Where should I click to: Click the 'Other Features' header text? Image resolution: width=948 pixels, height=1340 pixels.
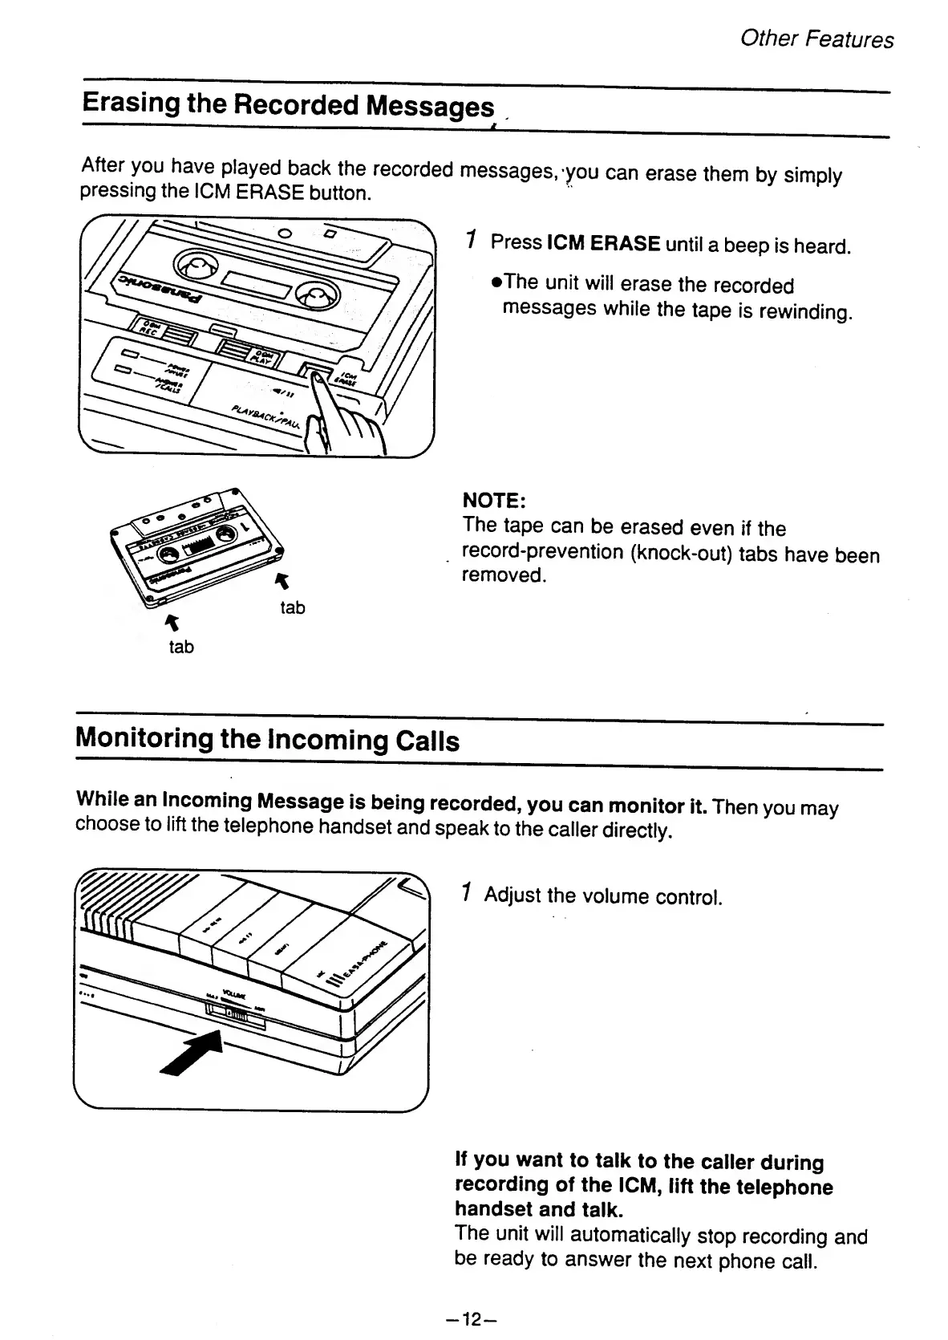tap(816, 39)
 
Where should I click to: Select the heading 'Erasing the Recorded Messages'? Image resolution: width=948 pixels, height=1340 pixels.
tap(288, 105)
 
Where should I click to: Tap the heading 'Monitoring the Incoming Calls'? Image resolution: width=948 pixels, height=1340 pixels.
tap(267, 739)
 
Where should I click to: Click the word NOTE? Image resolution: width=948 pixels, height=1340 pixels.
tap(493, 501)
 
